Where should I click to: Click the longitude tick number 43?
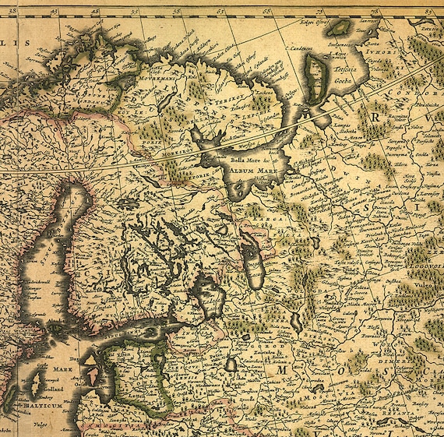(x=53, y=12)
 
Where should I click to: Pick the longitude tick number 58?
(x=177, y=12)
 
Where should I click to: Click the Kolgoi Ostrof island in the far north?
(x=338, y=29)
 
